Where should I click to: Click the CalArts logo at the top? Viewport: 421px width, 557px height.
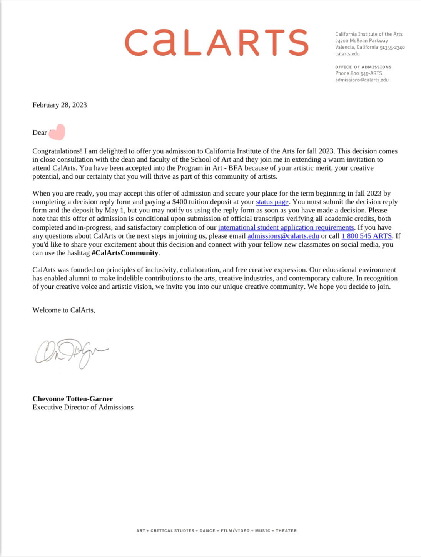pyautogui.click(x=216, y=42)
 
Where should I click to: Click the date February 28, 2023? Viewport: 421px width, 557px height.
pyautogui.click(x=60, y=105)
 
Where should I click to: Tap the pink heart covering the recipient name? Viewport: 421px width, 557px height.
pyautogui.click(x=57, y=132)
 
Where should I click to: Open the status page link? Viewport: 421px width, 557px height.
pyautogui.click(x=272, y=202)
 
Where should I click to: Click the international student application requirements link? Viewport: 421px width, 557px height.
pyautogui.click(x=286, y=227)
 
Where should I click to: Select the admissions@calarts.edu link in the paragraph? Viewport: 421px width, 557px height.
pyautogui.click(x=283, y=236)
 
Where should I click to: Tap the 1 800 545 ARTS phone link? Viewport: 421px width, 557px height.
pyautogui.click(x=366, y=236)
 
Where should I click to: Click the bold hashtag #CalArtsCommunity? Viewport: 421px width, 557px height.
pyautogui.click(x=125, y=253)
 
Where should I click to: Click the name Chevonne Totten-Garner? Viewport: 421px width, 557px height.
pyautogui.click(x=72, y=399)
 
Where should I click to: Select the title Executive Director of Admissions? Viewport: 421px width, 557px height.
pyautogui.click(x=83, y=407)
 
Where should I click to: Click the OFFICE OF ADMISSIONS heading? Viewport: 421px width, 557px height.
pyautogui.click(x=363, y=67)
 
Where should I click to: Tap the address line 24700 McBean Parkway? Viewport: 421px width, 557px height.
pyautogui.click(x=361, y=41)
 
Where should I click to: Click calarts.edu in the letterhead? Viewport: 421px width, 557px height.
pyautogui.click(x=347, y=54)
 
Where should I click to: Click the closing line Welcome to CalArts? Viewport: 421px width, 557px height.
pyautogui.click(x=63, y=310)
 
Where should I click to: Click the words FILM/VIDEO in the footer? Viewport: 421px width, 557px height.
pyautogui.click(x=235, y=530)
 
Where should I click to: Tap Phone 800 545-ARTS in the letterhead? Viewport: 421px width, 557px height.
pyautogui.click(x=358, y=73)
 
